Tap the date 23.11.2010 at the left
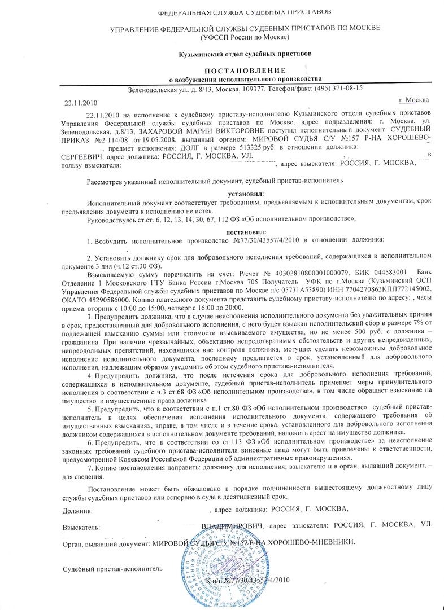click(x=79, y=103)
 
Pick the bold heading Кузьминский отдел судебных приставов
click(x=245, y=53)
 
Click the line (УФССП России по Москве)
click(x=245, y=37)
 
